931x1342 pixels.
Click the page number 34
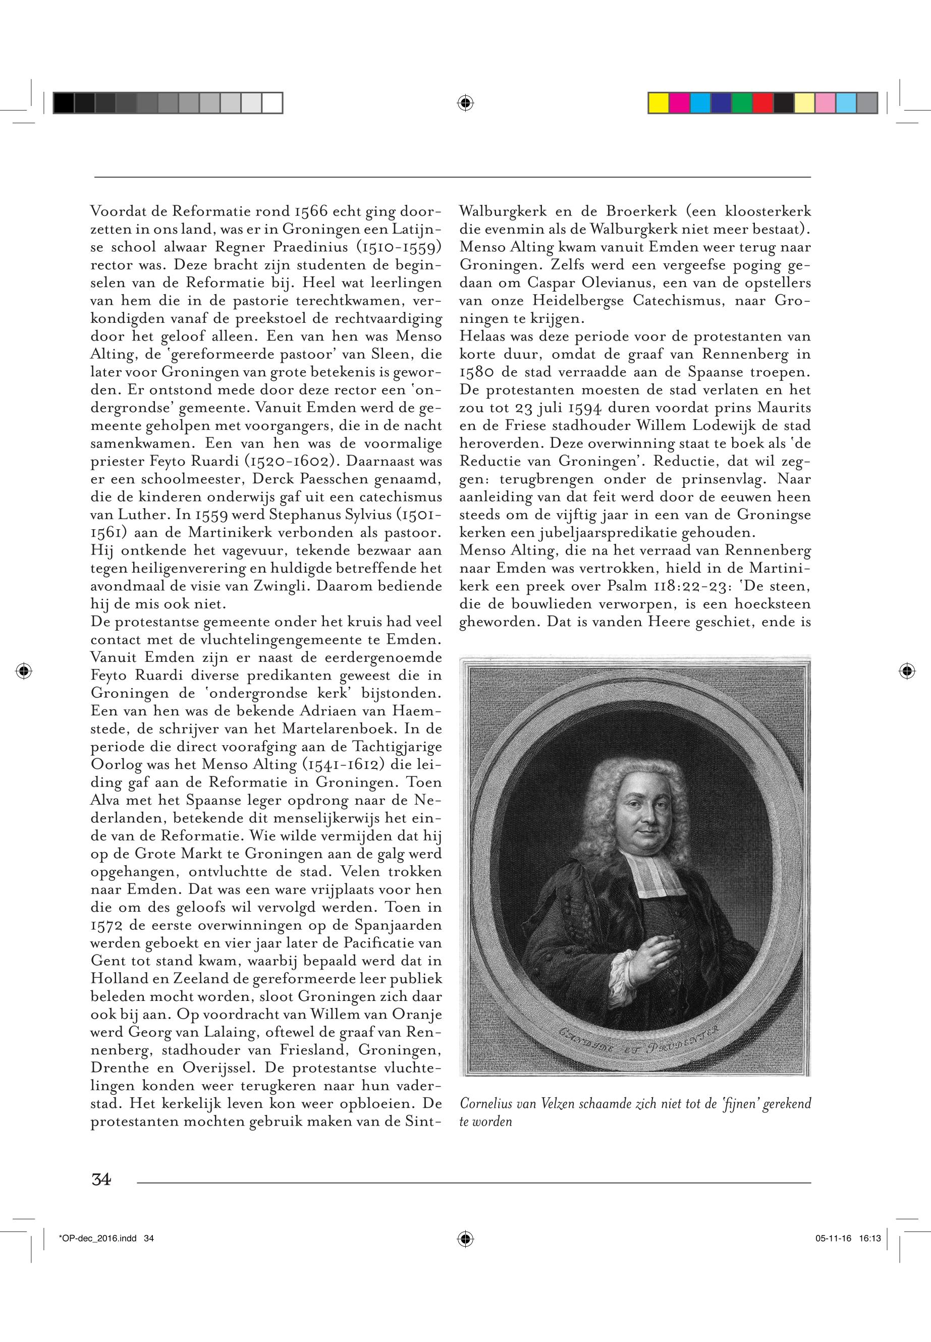click(x=101, y=1179)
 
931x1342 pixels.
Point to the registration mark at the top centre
click(x=465, y=103)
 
